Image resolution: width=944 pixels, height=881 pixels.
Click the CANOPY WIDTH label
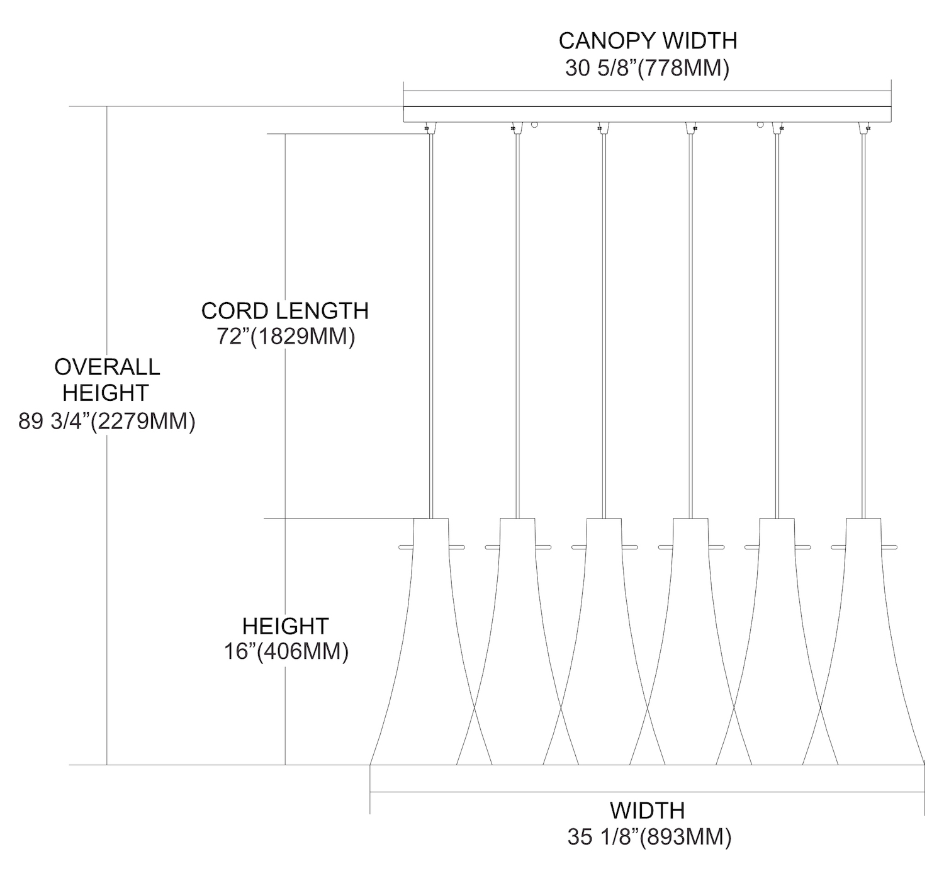point(648,41)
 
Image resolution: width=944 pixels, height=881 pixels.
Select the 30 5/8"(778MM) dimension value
point(648,68)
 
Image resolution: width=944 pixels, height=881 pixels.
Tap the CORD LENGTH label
point(284,311)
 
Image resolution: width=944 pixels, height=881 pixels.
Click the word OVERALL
point(107,366)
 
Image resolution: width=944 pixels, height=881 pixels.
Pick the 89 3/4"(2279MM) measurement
point(107,421)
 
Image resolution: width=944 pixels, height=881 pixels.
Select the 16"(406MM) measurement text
point(286,652)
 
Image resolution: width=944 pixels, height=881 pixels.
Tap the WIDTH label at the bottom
point(648,810)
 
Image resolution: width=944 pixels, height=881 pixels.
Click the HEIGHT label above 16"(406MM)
point(286,626)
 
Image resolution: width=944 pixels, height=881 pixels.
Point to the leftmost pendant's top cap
point(431,526)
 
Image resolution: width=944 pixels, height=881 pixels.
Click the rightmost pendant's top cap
point(863,526)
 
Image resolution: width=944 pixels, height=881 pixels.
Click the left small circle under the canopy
point(534,125)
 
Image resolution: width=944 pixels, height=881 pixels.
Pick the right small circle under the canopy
point(761,125)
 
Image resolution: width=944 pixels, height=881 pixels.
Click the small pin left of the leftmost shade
point(406,547)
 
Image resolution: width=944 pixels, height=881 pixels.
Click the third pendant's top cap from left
point(604,526)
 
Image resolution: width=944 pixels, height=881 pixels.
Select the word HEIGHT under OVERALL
point(106,393)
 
